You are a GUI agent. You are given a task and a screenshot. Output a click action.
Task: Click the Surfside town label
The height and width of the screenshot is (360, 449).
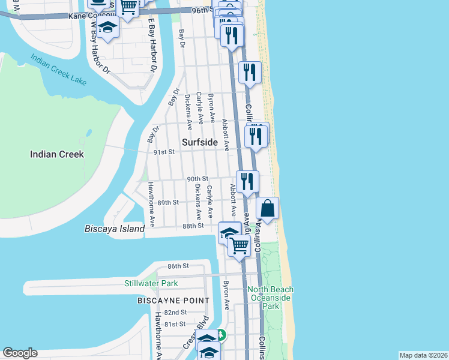(x=200, y=142)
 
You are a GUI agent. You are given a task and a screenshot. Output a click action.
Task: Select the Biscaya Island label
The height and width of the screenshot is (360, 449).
(x=114, y=229)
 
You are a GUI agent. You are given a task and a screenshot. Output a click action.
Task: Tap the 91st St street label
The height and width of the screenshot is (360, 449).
(x=163, y=152)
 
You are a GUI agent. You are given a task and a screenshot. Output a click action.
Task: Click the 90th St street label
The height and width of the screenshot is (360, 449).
(x=197, y=179)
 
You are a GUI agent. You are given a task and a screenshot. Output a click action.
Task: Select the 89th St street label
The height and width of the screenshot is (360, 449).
(x=168, y=203)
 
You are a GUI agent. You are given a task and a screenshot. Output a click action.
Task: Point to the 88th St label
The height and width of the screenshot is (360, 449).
(x=193, y=226)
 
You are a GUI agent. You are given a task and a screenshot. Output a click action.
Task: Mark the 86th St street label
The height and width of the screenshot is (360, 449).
(x=178, y=266)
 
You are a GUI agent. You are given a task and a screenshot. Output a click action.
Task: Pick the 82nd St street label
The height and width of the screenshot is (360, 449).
(x=175, y=313)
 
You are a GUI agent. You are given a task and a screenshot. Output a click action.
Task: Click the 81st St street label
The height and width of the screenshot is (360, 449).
(x=175, y=324)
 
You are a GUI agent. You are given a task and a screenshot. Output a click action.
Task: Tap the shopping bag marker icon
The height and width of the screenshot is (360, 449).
(x=268, y=209)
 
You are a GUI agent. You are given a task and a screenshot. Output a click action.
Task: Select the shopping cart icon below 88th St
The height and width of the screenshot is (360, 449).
(x=239, y=245)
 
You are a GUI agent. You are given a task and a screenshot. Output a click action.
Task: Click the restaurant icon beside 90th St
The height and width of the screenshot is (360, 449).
(x=247, y=181)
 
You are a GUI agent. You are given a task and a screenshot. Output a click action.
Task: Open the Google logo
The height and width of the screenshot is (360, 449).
(x=20, y=353)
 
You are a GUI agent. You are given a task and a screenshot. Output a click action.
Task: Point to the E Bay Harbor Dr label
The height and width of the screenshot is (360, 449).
(x=151, y=48)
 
